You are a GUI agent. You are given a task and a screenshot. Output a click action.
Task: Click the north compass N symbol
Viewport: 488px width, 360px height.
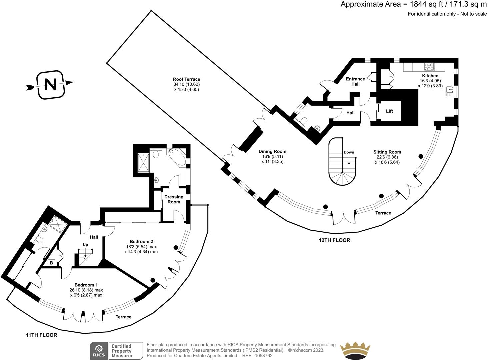click(50, 85)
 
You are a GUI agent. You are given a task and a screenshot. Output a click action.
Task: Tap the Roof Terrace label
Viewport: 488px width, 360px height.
click(186, 79)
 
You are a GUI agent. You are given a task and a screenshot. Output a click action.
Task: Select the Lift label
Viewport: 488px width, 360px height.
click(389, 111)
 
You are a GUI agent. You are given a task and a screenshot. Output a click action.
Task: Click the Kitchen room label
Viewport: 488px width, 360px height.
click(430, 76)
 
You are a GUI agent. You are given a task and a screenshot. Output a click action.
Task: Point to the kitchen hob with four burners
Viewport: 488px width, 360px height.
click(429, 67)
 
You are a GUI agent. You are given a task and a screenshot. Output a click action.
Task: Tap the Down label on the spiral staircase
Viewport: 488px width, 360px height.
click(349, 152)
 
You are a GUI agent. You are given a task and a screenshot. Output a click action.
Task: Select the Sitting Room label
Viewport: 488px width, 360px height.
click(387, 152)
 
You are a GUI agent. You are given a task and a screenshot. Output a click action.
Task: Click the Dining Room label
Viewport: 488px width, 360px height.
click(272, 151)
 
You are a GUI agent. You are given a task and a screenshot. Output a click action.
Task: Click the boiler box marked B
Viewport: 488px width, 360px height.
click(51, 263)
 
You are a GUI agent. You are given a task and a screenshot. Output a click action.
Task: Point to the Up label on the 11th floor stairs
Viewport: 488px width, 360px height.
click(85, 245)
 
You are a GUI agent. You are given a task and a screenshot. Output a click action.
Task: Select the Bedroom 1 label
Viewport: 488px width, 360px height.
click(86, 285)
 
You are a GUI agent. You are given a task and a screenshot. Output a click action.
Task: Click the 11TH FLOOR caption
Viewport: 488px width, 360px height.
click(42, 335)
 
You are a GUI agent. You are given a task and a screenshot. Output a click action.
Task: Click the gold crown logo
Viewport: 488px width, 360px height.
click(355, 351)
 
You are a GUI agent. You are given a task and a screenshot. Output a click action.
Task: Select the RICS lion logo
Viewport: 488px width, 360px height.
click(99, 351)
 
